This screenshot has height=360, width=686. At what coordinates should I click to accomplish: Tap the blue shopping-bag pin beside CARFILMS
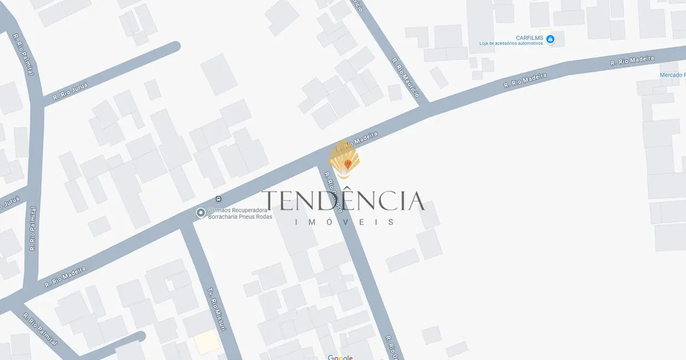pos(550,39)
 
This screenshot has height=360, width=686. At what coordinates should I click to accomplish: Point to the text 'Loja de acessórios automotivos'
pos(511,44)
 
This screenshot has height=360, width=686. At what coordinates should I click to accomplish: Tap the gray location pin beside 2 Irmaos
pos(201,212)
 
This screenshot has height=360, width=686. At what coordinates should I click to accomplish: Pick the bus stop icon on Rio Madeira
pos(218,199)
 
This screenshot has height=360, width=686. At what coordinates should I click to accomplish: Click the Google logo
pos(340,357)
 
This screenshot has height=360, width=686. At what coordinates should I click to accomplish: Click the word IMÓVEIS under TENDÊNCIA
pos(344,222)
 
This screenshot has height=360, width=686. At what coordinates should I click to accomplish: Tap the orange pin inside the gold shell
pos(347,164)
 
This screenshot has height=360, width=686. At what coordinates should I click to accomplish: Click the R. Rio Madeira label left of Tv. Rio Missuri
pos(65,276)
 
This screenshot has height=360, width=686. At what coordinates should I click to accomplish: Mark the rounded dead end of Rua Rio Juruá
pos(175,47)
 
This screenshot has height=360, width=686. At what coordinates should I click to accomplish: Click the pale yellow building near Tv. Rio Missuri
pos(206,342)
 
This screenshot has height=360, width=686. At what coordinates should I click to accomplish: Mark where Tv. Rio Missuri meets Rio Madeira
pos(186,222)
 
